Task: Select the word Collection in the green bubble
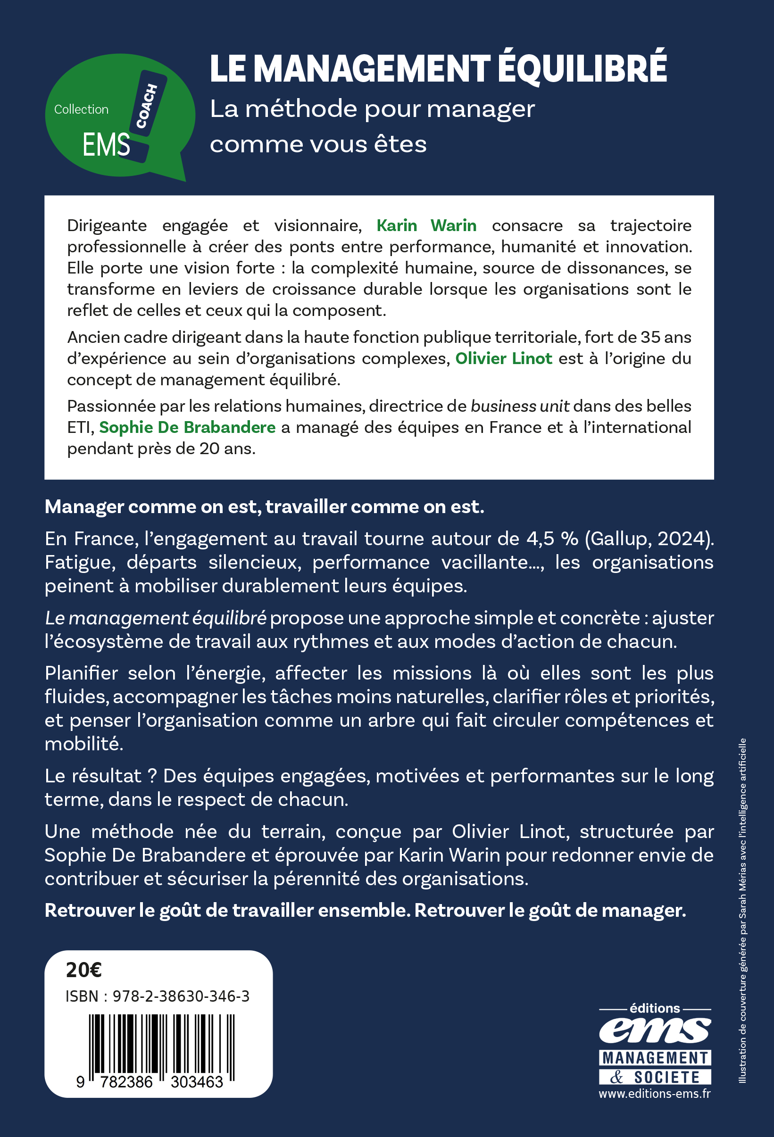(81, 109)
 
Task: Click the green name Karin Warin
(426, 225)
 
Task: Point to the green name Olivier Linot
(503, 358)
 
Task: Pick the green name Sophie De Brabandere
(187, 428)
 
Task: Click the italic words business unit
(520, 407)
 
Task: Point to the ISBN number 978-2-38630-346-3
(181, 996)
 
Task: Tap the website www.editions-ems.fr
(655, 1094)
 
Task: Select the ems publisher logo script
(655, 1030)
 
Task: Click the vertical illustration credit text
(742, 910)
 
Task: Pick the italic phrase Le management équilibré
(156, 618)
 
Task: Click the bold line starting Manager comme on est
(264, 507)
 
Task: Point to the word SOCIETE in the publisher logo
(667, 1077)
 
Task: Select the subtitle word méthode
(301, 109)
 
